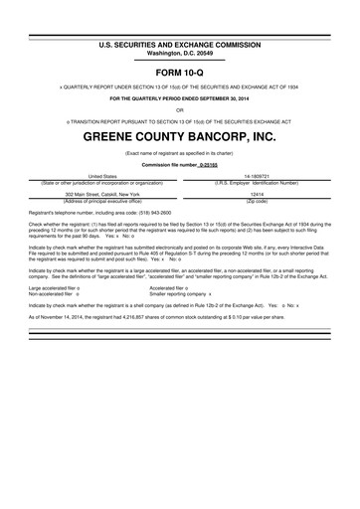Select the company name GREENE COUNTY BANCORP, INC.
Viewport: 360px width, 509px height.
(x=180, y=133)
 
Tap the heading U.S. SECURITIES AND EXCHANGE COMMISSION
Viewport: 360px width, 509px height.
(x=180, y=46)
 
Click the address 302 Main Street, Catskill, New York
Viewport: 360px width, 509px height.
(x=102, y=194)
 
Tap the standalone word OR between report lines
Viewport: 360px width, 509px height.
(x=180, y=110)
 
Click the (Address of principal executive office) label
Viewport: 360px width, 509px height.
(x=102, y=201)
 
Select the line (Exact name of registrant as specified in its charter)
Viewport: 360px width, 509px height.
(x=180, y=153)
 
